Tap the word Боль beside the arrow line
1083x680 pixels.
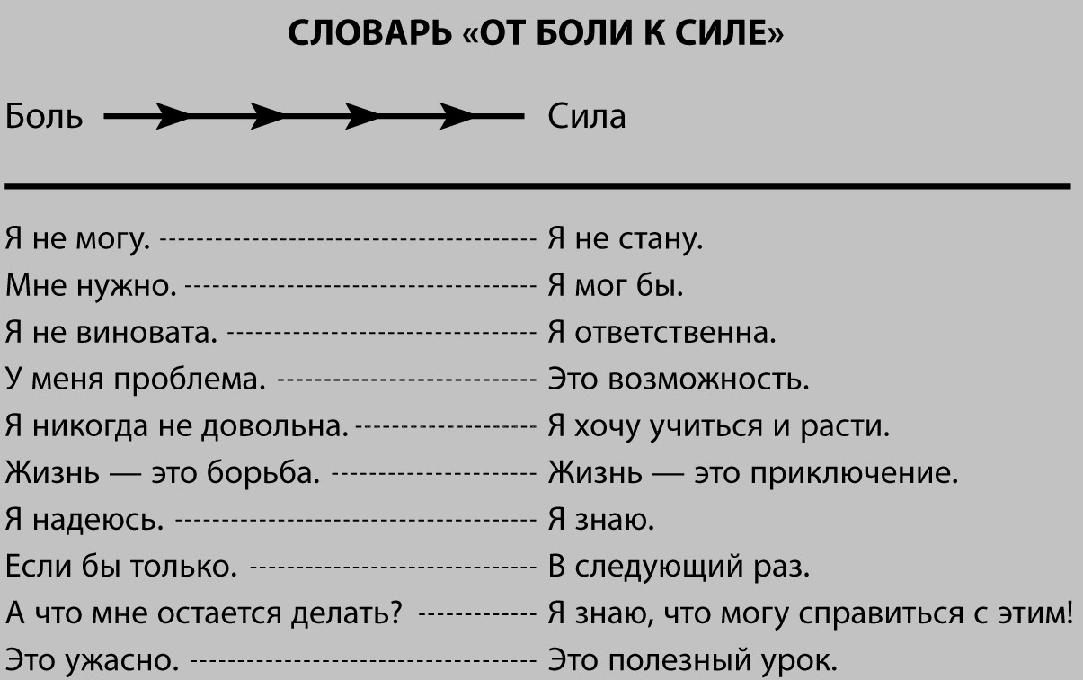(45, 117)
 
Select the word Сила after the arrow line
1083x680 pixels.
(586, 117)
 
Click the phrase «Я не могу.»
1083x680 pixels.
(78, 240)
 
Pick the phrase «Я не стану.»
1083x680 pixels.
(625, 240)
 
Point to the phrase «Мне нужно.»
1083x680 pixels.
(91, 287)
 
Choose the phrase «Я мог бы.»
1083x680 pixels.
(616, 287)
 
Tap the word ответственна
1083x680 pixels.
(675, 334)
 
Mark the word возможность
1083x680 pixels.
(709, 380)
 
